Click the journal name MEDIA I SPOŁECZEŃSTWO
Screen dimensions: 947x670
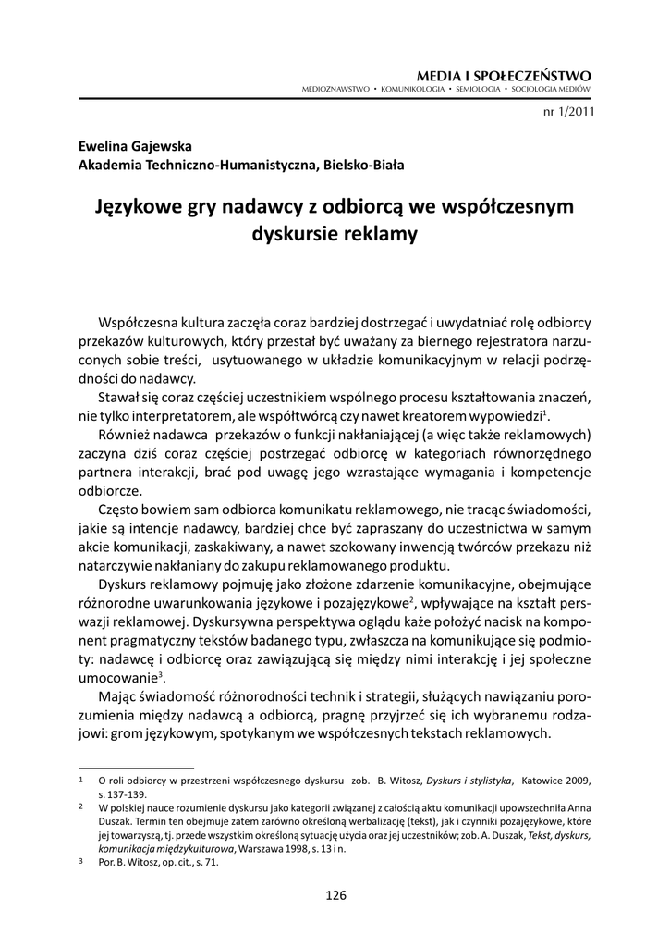tap(504, 74)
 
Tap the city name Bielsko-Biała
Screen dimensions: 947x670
tap(364, 166)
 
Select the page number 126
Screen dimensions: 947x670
tap(335, 894)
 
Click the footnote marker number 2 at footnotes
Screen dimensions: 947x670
tap(81, 806)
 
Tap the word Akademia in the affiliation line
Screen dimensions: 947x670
tap(114, 166)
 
